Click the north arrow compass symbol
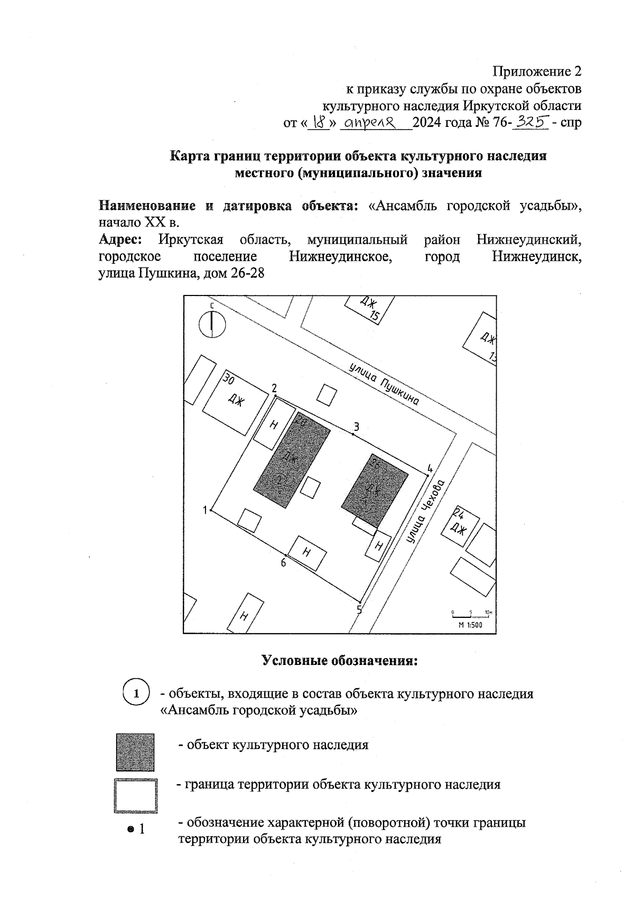[212, 323]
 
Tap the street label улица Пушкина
[385, 384]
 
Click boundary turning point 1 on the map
[211, 510]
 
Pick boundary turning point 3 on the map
[353, 434]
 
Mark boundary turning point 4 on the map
[427, 476]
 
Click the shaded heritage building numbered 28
[292, 460]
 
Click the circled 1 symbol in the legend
[136, 693]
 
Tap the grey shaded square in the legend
[135, 752]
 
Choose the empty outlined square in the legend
[135, 796]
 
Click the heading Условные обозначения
[340, 661]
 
